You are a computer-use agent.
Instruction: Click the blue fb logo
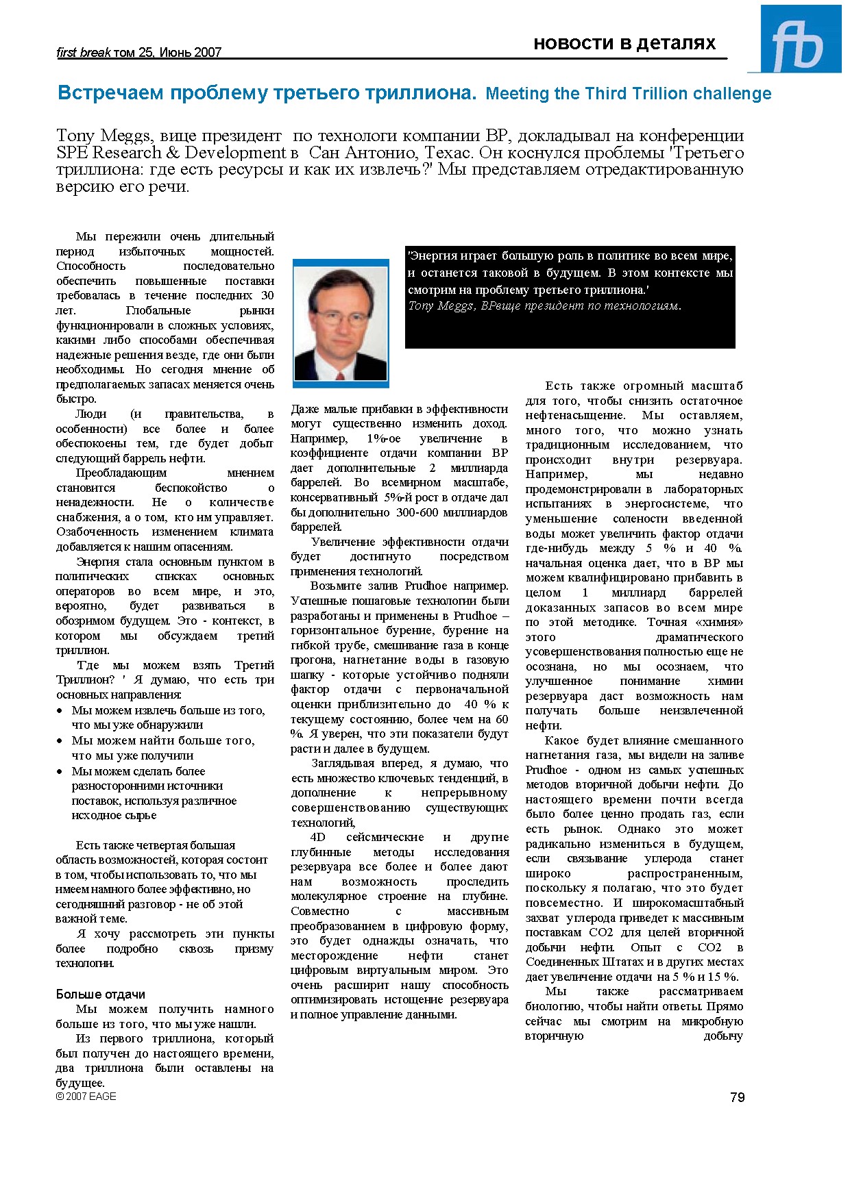800,40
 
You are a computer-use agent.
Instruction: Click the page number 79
737,1097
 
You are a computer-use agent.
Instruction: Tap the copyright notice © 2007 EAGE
86,1097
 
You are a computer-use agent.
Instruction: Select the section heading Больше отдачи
100,994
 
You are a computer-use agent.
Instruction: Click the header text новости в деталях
624,44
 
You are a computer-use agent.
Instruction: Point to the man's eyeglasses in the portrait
341,318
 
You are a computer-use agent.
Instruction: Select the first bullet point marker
60,711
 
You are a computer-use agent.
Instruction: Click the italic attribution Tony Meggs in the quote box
439,306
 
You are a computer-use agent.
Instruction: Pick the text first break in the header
83,53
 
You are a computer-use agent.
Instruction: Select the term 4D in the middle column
317,837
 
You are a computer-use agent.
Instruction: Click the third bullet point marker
60,771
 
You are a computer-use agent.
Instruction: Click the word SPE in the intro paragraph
72,153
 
